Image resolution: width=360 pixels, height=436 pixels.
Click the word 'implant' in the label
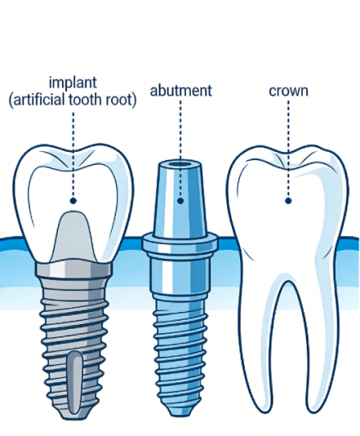coord(73,82)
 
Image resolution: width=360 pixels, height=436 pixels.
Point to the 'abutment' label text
coord(181,91)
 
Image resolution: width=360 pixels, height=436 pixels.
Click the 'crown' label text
coord(288,91)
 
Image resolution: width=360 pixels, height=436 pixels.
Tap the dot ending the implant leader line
coord(73,201)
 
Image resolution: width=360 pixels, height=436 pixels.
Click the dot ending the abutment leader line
coord(180,201)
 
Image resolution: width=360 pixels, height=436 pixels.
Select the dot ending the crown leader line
coord(288,201)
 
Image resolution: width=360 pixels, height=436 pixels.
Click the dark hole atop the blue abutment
coord(180,164)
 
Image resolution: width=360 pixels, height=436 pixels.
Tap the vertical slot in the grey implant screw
coord(74,381)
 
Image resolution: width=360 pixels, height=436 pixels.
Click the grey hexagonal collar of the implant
coord(74,269)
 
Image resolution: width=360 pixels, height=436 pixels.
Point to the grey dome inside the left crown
coord(73,236)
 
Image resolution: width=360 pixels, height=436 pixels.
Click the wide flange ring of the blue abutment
coord(180,243)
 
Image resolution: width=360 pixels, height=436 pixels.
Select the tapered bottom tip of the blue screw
coord(180,408)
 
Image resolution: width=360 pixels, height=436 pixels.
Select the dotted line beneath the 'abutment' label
coord(180,149)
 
